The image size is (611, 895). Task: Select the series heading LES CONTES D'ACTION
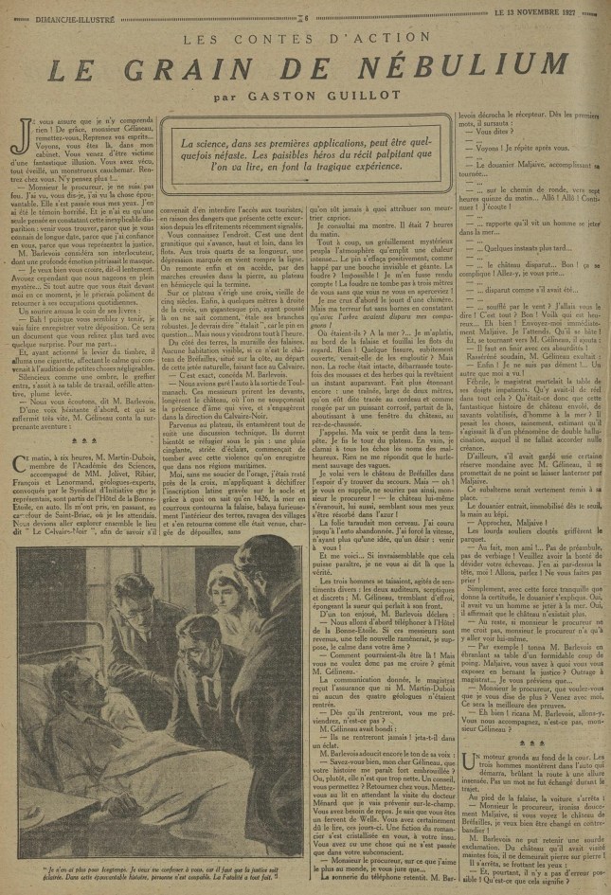305,38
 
